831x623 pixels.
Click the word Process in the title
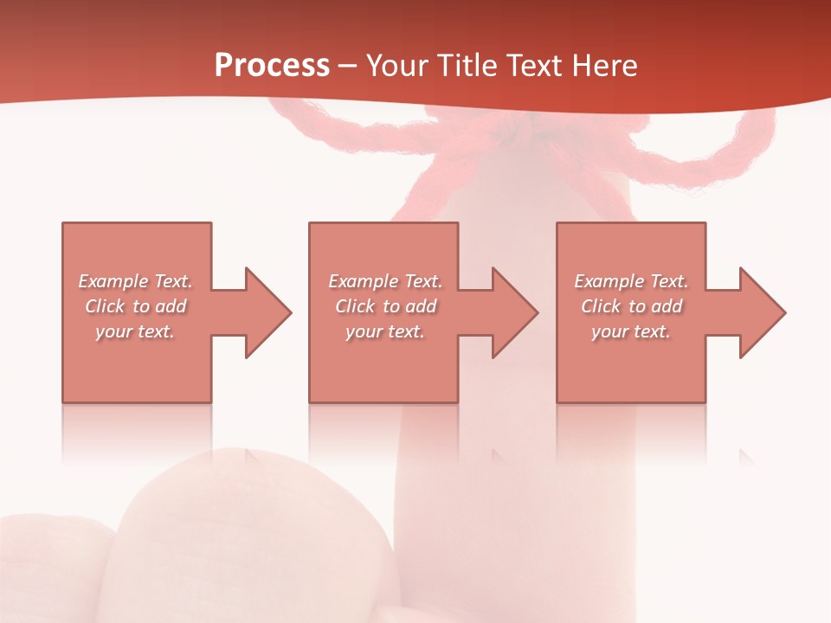point(272,66)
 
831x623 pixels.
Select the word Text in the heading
point(531,66)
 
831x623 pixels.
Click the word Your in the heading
point(398,66)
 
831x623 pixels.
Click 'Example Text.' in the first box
point(136,281)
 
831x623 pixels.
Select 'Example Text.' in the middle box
point(385,281)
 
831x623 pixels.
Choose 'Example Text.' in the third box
point(631,281)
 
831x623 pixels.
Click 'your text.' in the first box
point(135,331)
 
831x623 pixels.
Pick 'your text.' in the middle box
point(385,331)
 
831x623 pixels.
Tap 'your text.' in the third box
point(631,331)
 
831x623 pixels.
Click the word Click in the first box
point(105,306)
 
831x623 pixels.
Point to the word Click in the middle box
point(355,306)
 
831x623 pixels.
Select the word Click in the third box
point(601,306)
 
